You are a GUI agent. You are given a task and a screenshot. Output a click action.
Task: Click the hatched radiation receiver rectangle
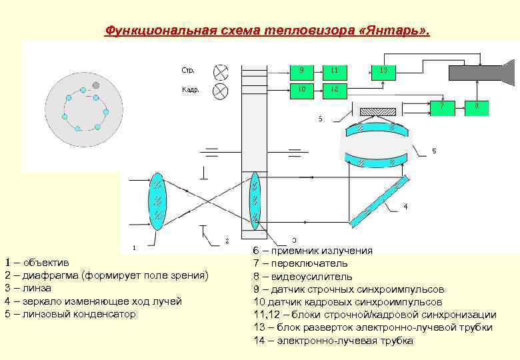pyautogui.click(x=377, y=111)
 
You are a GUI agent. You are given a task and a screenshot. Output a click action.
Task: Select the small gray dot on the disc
pyautogui.click(x=97, y=85)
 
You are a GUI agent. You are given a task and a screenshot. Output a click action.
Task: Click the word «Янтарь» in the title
pyautogui.click(x=397, y=31)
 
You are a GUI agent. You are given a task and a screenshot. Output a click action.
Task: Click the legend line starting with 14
pyautogui.click(x=333, y=341)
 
